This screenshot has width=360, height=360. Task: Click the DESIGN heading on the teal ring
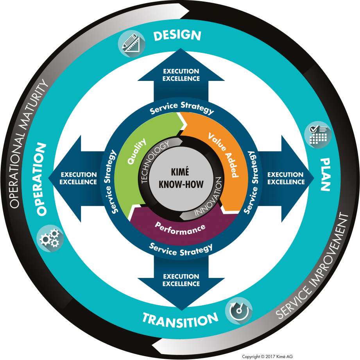pyautogui.click(x=177, y=35)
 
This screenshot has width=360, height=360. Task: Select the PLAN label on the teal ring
pyautogui.click(x=325, y=174)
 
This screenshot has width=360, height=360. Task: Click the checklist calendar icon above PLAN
pyautogui.click(x=318, y=134)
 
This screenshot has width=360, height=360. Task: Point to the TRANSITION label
pyautogui.click(x=180, y=319)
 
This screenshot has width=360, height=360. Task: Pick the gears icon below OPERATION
pyautogui.click(x=50, y=237)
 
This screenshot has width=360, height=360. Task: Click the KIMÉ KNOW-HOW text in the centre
pyautogui.click(x=180, y=179)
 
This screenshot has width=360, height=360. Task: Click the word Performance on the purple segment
pyautogui.click(x=180, y=228)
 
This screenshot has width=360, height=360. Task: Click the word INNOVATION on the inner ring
pyautogui.click(x=208, y=199)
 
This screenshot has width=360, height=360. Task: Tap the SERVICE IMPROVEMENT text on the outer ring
pyautogui.click(x=315, y=266)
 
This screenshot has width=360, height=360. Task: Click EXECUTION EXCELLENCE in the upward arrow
pyautogui.click(x=181, y=75)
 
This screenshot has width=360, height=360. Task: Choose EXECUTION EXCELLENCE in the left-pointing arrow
pyautogui.click(x=79, y=178)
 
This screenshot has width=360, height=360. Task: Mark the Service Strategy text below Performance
pyautogui.click(x=181, y=249)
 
